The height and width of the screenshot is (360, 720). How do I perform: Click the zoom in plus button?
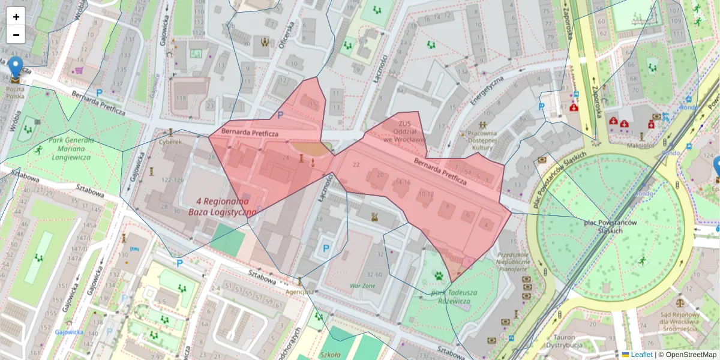coord(16,17)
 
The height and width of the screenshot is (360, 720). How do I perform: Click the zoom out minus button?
coord(16,35)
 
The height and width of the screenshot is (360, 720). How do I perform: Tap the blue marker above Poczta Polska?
coord(16,67)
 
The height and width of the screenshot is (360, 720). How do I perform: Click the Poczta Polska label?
coord(16,92)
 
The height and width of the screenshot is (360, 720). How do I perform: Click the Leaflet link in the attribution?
coord(641,355)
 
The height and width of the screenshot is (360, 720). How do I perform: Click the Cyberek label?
coord(170,142)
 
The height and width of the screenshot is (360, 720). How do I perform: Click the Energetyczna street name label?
coord(487,91)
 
